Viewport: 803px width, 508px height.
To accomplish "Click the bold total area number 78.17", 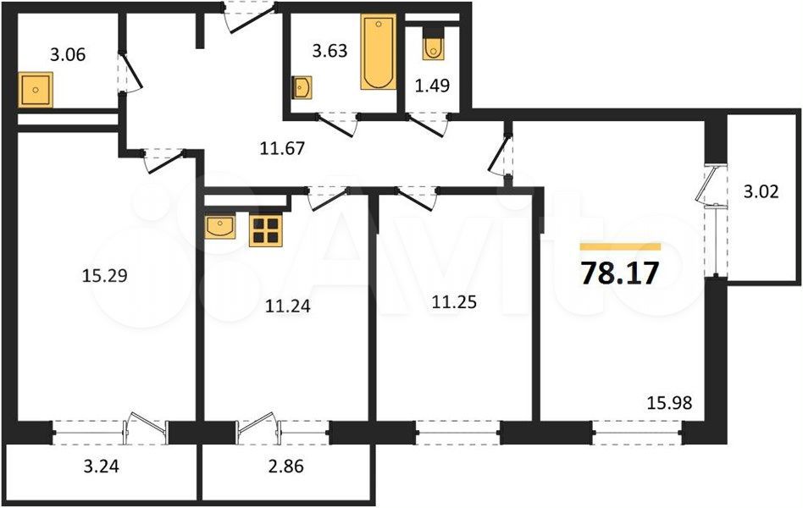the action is click(620, 273).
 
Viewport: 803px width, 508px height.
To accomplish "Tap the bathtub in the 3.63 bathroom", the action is click(379, 52).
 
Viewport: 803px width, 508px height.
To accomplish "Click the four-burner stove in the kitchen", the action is click(266, 230).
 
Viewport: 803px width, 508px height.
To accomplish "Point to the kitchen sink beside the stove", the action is click(220, 227).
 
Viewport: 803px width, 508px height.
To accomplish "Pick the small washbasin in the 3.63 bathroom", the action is click(302, 87).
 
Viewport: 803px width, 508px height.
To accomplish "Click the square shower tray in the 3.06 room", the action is click(36, 90).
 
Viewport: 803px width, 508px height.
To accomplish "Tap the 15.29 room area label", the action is click(104, 277).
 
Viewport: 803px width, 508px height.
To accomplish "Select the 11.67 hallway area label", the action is click(282, 148).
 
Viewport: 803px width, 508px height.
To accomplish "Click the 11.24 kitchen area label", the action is click(288, 306).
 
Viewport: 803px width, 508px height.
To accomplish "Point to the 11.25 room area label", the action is click(454, 302).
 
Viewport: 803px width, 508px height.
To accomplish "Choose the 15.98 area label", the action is click(669, 403).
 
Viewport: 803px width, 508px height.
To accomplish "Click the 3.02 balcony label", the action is click(761, 191).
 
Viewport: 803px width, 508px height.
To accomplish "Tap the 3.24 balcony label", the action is click(101, 467).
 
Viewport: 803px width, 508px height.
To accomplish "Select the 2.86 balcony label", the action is click(285, 467).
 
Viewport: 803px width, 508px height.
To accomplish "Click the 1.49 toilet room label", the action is click(432, 86).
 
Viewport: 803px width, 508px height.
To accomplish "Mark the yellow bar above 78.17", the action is click(620, 247).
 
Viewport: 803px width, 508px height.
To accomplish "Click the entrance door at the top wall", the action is click(249, 16).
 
